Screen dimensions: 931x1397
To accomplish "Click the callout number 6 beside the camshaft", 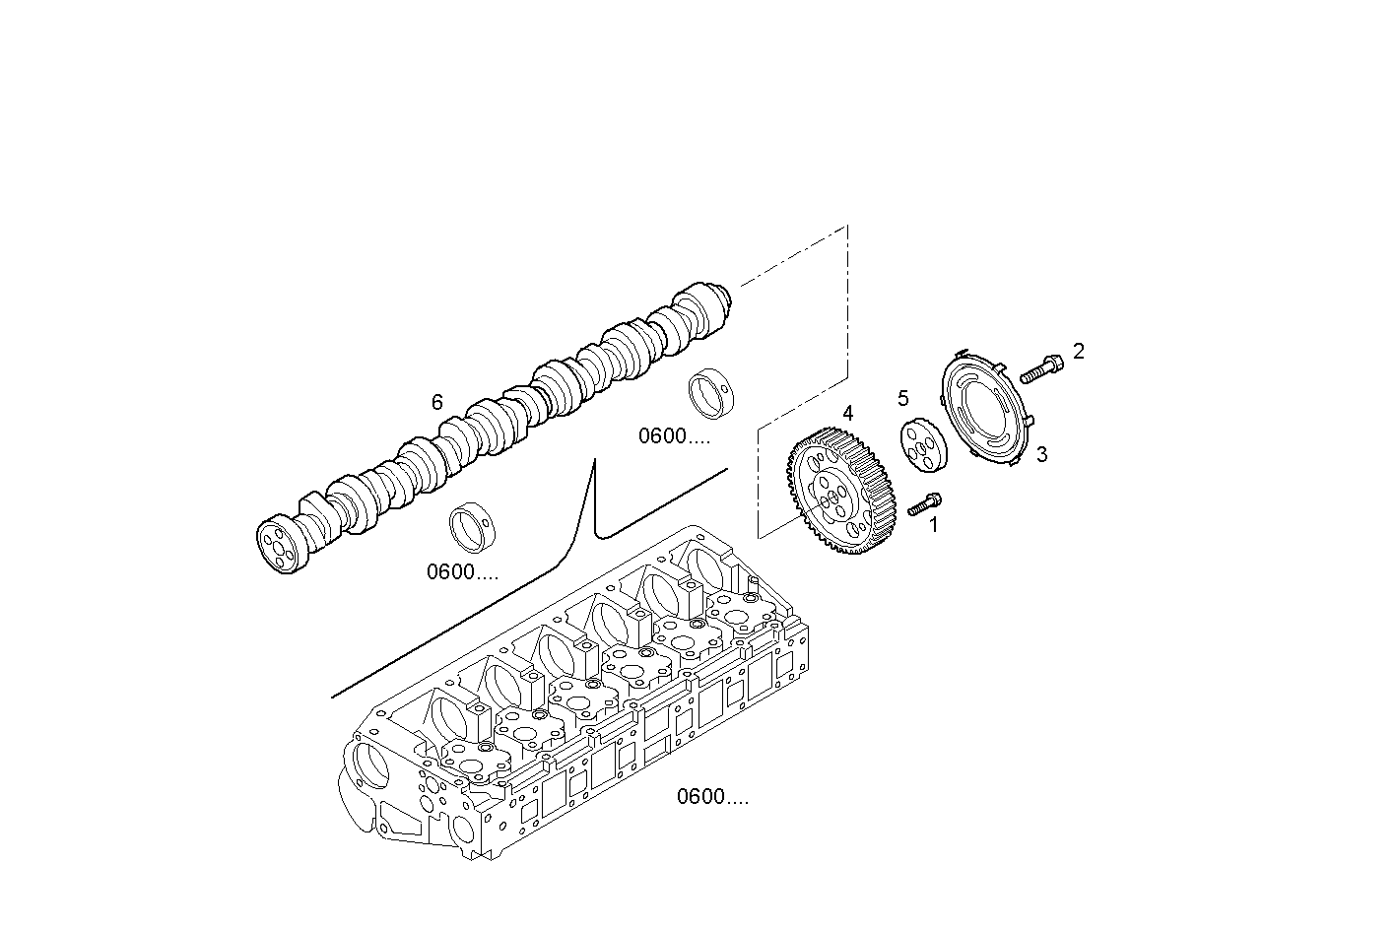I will [436, 401].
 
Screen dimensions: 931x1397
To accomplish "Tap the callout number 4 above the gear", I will [847, 413].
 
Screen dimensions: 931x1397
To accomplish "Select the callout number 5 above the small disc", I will [902, 398].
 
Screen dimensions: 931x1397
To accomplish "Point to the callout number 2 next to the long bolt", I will [1079, 351].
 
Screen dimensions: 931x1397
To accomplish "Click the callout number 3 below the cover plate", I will [1041, 454].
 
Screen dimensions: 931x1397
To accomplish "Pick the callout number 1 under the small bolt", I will [934, 525].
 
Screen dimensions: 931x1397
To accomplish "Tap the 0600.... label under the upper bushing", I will [674, 436].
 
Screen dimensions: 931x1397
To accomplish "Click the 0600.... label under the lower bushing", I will [462, 572].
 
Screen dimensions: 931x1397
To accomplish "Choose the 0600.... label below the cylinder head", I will [712, 797].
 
